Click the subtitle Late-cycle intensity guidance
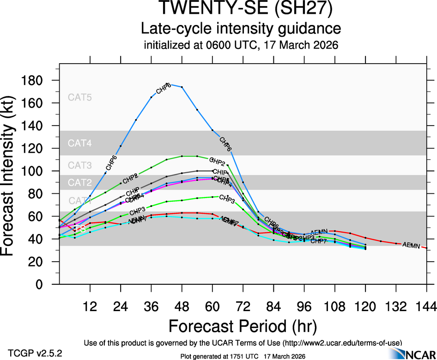241,29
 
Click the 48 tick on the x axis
182,306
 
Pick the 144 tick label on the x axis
426,306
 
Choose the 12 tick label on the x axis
90,306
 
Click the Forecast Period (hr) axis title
243,326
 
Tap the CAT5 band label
80,97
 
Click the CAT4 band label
80,143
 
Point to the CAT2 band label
80,183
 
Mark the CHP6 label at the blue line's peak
164,88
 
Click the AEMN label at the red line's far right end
411,246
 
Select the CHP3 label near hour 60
227,199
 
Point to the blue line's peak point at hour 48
182,87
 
